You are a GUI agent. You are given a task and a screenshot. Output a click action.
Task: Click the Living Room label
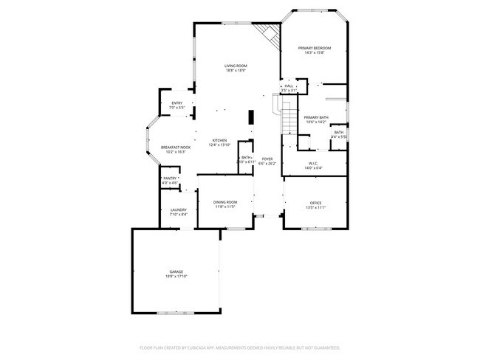[236, 66]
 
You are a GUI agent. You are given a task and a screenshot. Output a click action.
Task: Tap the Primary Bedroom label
[318, 48]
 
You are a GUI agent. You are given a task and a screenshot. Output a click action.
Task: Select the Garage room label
[176, 272]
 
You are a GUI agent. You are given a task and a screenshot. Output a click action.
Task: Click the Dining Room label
[225, 202]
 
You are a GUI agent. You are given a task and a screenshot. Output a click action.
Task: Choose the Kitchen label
[220, 140]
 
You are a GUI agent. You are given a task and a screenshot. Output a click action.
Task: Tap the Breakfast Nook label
[173, 148]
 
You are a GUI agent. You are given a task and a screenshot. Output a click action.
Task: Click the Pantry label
[171, 178]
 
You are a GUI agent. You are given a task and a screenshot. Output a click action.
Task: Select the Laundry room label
[178, 210]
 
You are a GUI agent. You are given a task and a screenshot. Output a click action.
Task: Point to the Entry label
[177, 103]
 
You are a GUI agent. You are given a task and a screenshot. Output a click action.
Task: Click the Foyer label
[267, 159]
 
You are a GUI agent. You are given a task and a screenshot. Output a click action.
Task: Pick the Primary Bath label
[315, 117]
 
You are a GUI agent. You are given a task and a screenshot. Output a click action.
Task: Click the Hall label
[289, 86]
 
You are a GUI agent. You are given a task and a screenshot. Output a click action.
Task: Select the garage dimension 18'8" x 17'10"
[176, 277]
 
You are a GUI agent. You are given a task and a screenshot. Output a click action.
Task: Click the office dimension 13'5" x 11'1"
[315, 207]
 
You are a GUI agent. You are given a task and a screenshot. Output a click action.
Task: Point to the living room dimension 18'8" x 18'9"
[236, 71]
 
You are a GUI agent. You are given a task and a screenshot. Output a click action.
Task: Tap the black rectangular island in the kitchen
[250, 118]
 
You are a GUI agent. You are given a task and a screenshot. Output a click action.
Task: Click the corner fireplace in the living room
[268, 33]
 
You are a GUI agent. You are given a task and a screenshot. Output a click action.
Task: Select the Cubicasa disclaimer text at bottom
[239, 347]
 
